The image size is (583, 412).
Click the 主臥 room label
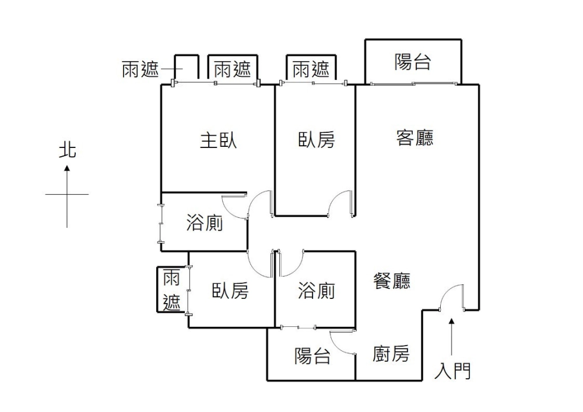218,140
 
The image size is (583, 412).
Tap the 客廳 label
415,138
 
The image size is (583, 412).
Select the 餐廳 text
392,281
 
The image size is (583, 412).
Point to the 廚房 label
391,354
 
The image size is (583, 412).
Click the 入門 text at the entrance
452,371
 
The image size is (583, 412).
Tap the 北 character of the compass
67,151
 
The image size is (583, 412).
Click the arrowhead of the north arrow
67,169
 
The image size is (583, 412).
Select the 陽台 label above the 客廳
412,62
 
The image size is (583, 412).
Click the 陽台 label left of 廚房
312,355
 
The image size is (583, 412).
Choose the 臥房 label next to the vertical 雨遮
230,291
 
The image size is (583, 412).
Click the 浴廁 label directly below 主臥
205,223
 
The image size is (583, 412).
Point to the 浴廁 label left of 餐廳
316,291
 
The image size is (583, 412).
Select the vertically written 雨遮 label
171,290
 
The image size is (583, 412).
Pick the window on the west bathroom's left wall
161,223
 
